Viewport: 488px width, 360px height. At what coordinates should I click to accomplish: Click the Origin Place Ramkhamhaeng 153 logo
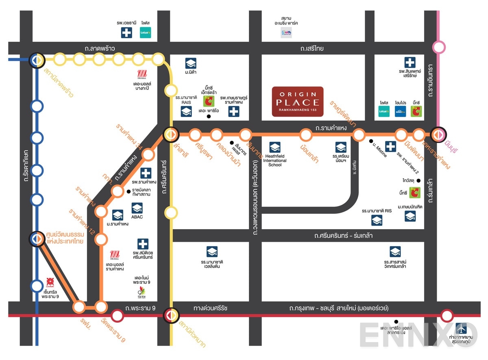298,102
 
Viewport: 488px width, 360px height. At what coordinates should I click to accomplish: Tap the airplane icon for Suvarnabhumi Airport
461,327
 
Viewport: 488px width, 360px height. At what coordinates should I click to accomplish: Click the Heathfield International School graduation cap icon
275,147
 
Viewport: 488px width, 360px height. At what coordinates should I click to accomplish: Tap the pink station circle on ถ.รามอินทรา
439,47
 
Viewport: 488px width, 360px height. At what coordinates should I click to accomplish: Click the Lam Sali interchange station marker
170,134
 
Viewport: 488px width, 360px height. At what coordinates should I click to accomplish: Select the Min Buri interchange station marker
439,134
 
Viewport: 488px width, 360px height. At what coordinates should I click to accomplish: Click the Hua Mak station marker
170,315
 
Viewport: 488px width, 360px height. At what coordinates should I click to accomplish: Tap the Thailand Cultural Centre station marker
37,239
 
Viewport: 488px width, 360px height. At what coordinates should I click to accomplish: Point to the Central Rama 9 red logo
50,282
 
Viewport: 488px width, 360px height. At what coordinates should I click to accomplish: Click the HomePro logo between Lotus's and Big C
400,111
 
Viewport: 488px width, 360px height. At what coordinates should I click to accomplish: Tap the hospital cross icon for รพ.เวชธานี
126,33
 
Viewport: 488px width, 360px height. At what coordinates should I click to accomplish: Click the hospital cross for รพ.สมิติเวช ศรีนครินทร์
142,244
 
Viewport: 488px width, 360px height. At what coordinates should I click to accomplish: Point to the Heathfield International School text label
275,160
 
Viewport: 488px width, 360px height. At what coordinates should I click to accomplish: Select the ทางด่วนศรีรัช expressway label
210,308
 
